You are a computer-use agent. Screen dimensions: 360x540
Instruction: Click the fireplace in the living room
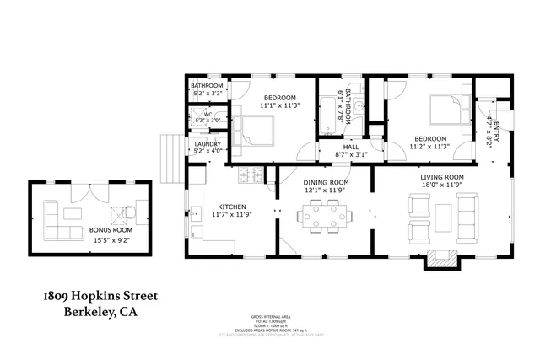439,261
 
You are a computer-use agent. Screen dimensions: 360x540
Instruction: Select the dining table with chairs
325,218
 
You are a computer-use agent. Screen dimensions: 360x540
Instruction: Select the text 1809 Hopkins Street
100,297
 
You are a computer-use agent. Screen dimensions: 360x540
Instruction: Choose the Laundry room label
207,144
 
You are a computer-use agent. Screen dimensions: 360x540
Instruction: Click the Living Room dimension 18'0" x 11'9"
444,183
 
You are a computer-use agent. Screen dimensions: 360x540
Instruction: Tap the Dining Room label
326,182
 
